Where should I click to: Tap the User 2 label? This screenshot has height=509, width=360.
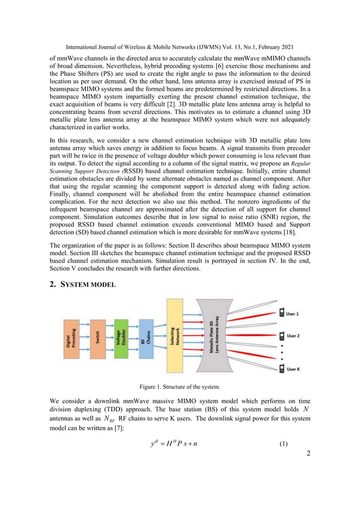point(293,335)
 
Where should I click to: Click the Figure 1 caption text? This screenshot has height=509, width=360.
point(179,387)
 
